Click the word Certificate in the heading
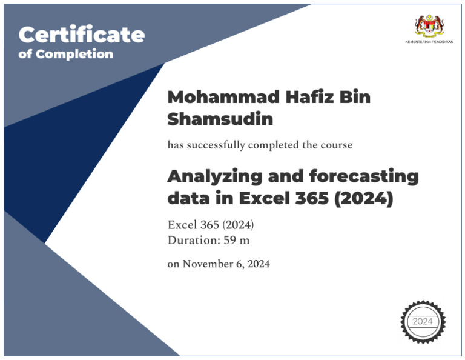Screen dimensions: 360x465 [x=82, y=35]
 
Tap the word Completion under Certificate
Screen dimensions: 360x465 [x=74, y=54]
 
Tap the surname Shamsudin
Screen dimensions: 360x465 [x=220, y=119]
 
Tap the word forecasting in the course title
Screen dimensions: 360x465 [x=364, y=177]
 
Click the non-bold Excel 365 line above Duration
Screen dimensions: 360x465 [x=210, y=225]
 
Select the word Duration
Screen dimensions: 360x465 [x=192, y=240]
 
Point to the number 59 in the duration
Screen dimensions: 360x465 [x=231, y=240]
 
